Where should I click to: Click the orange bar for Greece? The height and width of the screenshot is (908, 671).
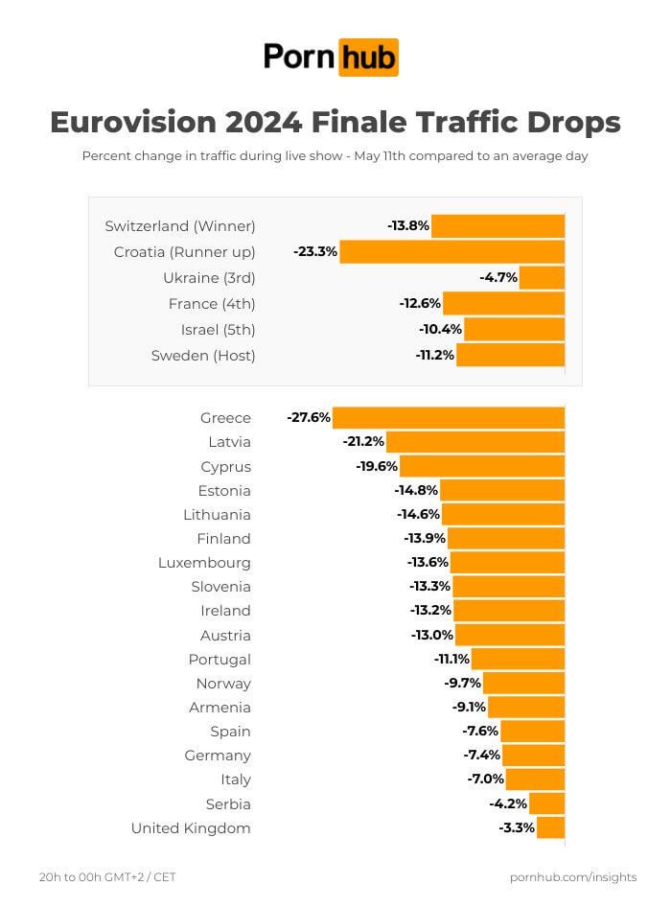pos(448,417)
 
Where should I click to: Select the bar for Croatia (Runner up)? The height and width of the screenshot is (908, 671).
pos(451,252)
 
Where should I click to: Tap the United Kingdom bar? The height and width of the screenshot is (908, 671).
pos(550,827)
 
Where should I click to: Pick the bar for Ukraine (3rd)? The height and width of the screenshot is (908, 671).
pos(542,278)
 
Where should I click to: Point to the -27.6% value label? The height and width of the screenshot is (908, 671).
pos(309,417)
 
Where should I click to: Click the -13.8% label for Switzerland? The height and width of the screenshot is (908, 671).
pos(408,226)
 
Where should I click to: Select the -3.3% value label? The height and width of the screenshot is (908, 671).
pos(517,827)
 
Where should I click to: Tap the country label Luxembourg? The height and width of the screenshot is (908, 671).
pos(204,563)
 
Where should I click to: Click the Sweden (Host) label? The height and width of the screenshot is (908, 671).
pos(203,356)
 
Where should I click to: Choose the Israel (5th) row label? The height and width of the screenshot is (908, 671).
pos(218,330)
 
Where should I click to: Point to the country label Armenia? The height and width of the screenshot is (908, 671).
pos(220,708)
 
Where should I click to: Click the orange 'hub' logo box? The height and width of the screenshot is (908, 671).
pos(368,58)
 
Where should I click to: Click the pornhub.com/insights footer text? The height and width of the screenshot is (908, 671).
pos(573,877)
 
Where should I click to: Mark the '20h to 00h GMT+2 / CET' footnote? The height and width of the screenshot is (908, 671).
pos(107,877)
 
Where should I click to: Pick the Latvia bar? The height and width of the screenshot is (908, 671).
pos(475,442)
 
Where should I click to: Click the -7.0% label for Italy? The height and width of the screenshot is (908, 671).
pos(486,780)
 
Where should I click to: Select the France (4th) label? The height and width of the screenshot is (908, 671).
pos(212,304)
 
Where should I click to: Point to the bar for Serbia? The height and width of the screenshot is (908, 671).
pos(547,803)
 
